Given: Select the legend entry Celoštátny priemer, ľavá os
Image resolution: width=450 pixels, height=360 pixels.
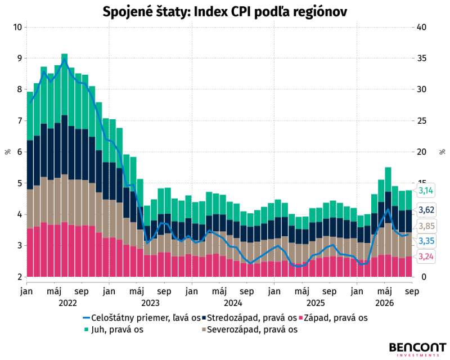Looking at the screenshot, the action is click(x=142, y=318).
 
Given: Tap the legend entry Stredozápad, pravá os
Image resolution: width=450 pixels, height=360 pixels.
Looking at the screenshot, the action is click(x=249, y=318).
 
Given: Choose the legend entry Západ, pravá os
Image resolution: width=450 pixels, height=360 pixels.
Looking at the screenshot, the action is click(x=333, y=318).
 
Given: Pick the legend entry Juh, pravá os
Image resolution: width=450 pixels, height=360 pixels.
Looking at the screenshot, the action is click(x=114, y=329).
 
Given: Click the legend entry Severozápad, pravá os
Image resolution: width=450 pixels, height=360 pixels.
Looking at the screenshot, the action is click(x=250, y=329).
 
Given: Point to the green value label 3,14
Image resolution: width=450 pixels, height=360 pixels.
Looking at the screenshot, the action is click(x=426, y=190).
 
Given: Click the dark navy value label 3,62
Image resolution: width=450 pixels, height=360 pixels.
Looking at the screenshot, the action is click(x=426, y=210).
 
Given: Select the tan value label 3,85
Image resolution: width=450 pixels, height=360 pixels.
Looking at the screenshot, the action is click(x=426, y=226).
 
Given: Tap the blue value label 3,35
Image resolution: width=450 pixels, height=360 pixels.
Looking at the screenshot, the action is click(x=426, y=241).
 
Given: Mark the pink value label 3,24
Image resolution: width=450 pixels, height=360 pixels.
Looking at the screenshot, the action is click(x=426, y=256).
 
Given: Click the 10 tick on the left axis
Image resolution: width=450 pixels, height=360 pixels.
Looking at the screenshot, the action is click(x=17, y=27).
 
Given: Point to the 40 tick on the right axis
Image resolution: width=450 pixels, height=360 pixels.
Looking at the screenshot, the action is click(x=421, y=27).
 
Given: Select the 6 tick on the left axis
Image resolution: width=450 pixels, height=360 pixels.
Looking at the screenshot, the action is click(x=20, y=152).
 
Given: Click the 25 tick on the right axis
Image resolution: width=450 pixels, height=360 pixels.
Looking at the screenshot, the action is click(x=421, y=120).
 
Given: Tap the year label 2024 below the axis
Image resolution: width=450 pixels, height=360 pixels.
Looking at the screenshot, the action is click(x=233, y=303).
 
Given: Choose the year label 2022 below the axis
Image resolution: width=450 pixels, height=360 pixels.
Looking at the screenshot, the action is click(x=67, y=303).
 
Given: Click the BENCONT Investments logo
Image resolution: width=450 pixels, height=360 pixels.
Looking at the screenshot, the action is click(x=417, y=349).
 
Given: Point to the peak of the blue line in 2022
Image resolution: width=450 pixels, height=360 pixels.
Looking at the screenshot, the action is click(x=65, y=59).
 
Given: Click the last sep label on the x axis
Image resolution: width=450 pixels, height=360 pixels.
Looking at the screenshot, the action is click(x=412, y=292).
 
